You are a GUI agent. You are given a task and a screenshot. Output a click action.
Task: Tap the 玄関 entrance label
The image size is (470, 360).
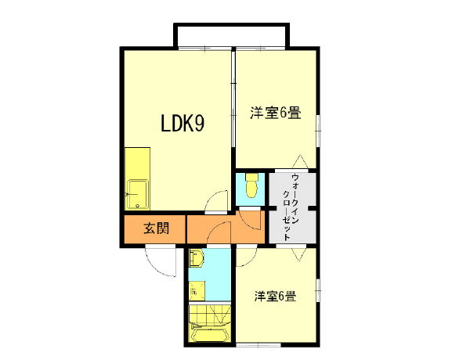coord(154,229)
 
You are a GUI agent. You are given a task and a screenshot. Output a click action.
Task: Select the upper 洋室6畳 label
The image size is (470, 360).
coord(275,113)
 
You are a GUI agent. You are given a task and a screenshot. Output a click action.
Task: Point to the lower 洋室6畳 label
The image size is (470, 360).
coord(273,297)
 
